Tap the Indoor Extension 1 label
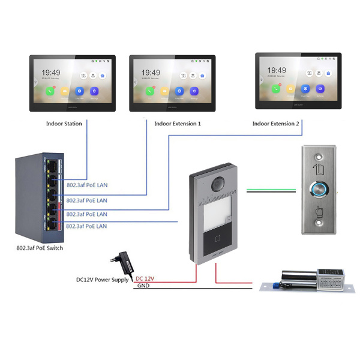pos(178,124)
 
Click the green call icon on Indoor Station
pos(49,92)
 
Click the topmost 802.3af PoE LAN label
pos(86,185)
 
